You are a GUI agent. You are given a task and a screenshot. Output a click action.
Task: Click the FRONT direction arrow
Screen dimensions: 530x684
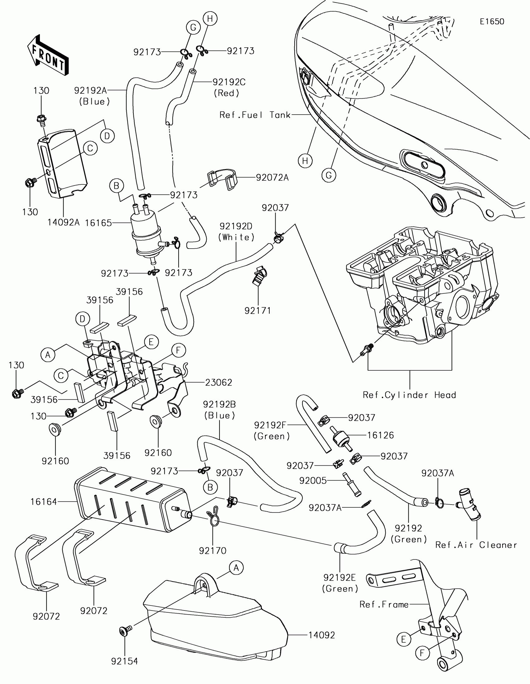click(x=48, y=55)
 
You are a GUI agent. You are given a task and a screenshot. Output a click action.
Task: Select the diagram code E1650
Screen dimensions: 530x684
click(x=492, y=21)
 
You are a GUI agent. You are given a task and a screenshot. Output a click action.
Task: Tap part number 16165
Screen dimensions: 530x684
click(x=99, y=223)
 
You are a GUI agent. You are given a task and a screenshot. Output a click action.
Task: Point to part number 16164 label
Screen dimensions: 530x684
click(x=44, y=502)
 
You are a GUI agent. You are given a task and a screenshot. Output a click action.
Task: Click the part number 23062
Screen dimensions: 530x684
click(x=219, y=382)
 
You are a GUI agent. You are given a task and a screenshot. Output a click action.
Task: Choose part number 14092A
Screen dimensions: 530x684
click(x=63, y=222)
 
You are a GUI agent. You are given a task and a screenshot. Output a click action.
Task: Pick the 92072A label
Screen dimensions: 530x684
click(x=272, y=178)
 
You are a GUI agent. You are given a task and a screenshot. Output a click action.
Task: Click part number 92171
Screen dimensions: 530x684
click(x=258, y=311)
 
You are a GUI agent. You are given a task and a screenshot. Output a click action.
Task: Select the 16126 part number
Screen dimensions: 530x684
click(x=380, y=435)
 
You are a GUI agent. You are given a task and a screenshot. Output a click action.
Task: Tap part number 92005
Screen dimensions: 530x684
click(x=313, y=480)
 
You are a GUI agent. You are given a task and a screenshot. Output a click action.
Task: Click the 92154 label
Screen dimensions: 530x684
click(x=124, y=661)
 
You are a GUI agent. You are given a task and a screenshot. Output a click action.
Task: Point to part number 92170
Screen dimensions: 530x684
click(x=213, y=551)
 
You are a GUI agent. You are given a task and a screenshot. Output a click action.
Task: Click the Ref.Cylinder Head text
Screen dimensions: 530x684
click(x=409, y=395)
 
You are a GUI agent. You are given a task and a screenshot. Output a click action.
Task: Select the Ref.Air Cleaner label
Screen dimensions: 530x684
click(x=476, y=545)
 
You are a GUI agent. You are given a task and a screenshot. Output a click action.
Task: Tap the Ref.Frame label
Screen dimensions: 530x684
click(x=384, y=605)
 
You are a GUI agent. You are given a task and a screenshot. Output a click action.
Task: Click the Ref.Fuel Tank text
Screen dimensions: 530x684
click(x=255, y=115)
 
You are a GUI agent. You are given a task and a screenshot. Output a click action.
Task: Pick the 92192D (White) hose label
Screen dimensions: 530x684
click(x=236, y=231)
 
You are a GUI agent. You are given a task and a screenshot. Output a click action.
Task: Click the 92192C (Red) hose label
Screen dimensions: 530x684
click(x=229, y=88)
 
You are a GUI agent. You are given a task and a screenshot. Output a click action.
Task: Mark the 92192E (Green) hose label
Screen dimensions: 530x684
click(x=340, y=583)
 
